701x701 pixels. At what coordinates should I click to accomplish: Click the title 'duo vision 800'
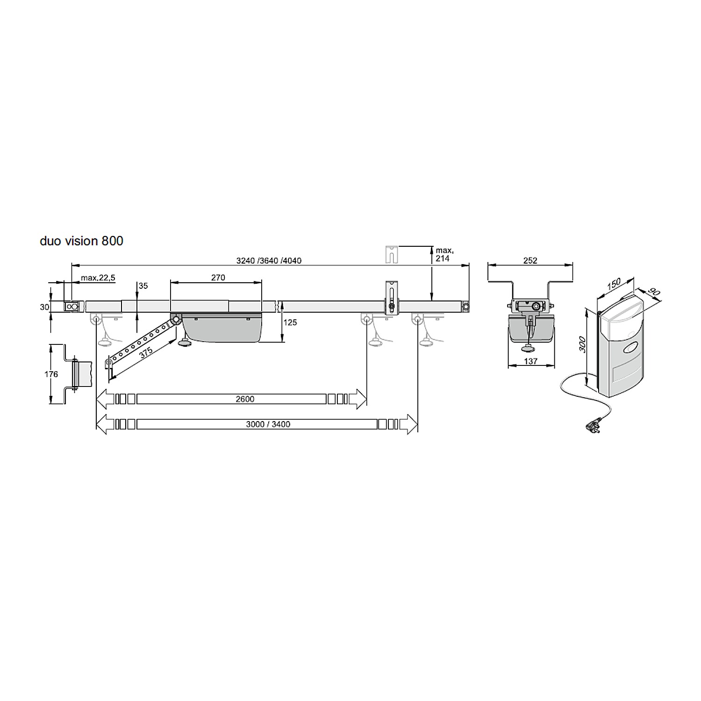pos(81,241)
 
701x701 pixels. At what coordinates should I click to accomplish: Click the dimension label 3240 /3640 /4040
pos(269,260)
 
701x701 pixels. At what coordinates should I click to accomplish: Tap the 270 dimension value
pos(218,278)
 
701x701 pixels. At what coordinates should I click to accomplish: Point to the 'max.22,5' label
pos(98,278)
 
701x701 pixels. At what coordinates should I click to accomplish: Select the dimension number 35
pos(143,286)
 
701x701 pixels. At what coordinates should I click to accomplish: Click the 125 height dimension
pos(290,322)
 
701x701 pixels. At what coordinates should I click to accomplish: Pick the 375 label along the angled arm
pos(146,351)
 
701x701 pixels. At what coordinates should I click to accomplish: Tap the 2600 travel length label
pos(245,399)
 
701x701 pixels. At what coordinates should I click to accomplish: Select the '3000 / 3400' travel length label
pos(268,424)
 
